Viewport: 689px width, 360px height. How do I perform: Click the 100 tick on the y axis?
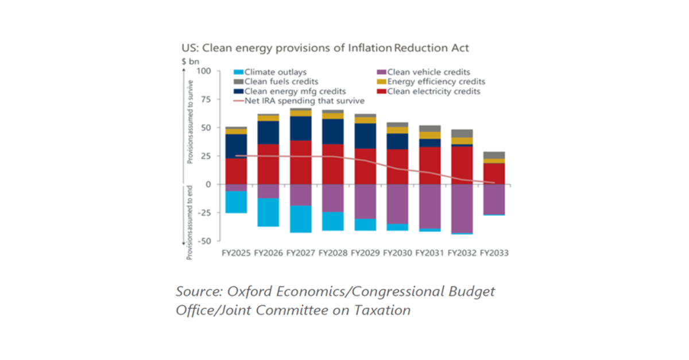point(204,72)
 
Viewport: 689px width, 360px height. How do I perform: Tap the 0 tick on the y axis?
point(208,184)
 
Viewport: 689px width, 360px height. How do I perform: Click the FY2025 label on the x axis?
point(236,252)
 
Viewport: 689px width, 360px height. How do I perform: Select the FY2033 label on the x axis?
point(494,252)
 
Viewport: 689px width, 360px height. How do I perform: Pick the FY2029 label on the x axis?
point(365,252)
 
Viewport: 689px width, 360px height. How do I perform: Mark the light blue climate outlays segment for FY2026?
point(268,212)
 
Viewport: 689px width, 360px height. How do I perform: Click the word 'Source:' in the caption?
point(198,291)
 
